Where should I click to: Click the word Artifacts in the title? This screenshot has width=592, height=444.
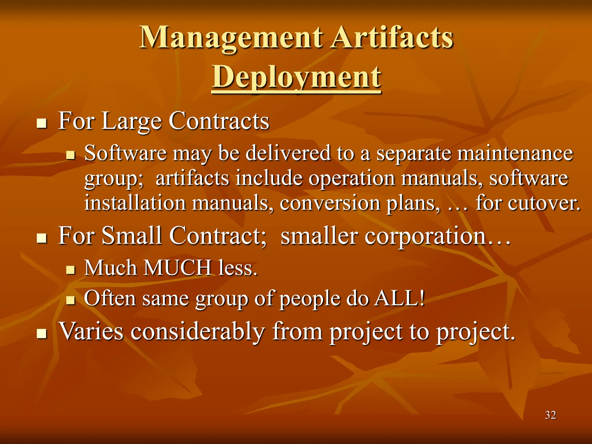tap(392, 38)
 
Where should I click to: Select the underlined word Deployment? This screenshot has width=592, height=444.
tap(296, 77)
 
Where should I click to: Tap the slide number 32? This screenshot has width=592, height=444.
tap(550, 415)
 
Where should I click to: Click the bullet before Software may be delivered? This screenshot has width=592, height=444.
tap(70, 156)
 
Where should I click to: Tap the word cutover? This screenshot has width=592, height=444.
tap(543, 203)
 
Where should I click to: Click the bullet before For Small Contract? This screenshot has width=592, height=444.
tap(42, 238)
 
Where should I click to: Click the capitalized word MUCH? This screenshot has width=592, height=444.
tap(177, 268)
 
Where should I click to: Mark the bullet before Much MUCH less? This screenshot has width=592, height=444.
tap(70, 271)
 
